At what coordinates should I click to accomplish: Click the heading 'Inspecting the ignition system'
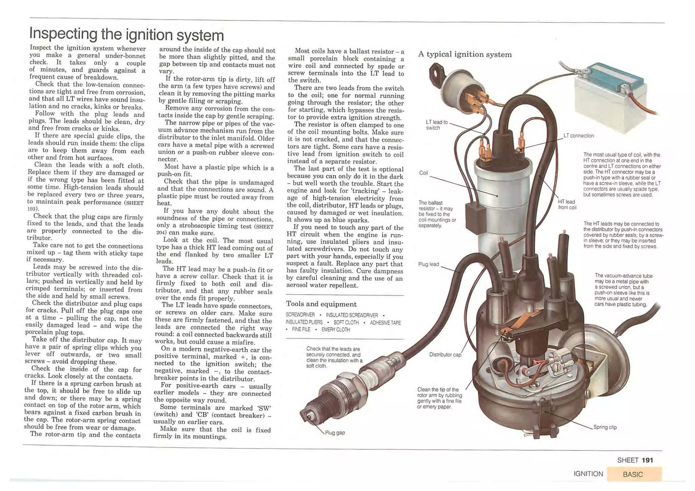(127, 35)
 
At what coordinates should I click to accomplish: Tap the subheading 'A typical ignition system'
(465, 55)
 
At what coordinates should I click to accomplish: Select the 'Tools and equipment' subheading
(321, 304)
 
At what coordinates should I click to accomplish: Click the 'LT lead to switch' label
(436, 125)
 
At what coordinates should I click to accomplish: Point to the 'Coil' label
(424, 173)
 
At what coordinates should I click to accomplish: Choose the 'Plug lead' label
(429, 264)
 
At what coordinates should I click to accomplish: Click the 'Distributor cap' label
(445, 355)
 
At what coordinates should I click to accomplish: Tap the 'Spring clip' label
(605, 427)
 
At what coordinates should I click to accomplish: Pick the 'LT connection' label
(579, 136)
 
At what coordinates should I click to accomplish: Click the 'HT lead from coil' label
(567, 205)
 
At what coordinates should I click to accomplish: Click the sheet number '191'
(647, 460)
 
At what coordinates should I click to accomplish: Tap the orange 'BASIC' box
(634, 474)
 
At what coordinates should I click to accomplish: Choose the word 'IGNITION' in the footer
(588, 474)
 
